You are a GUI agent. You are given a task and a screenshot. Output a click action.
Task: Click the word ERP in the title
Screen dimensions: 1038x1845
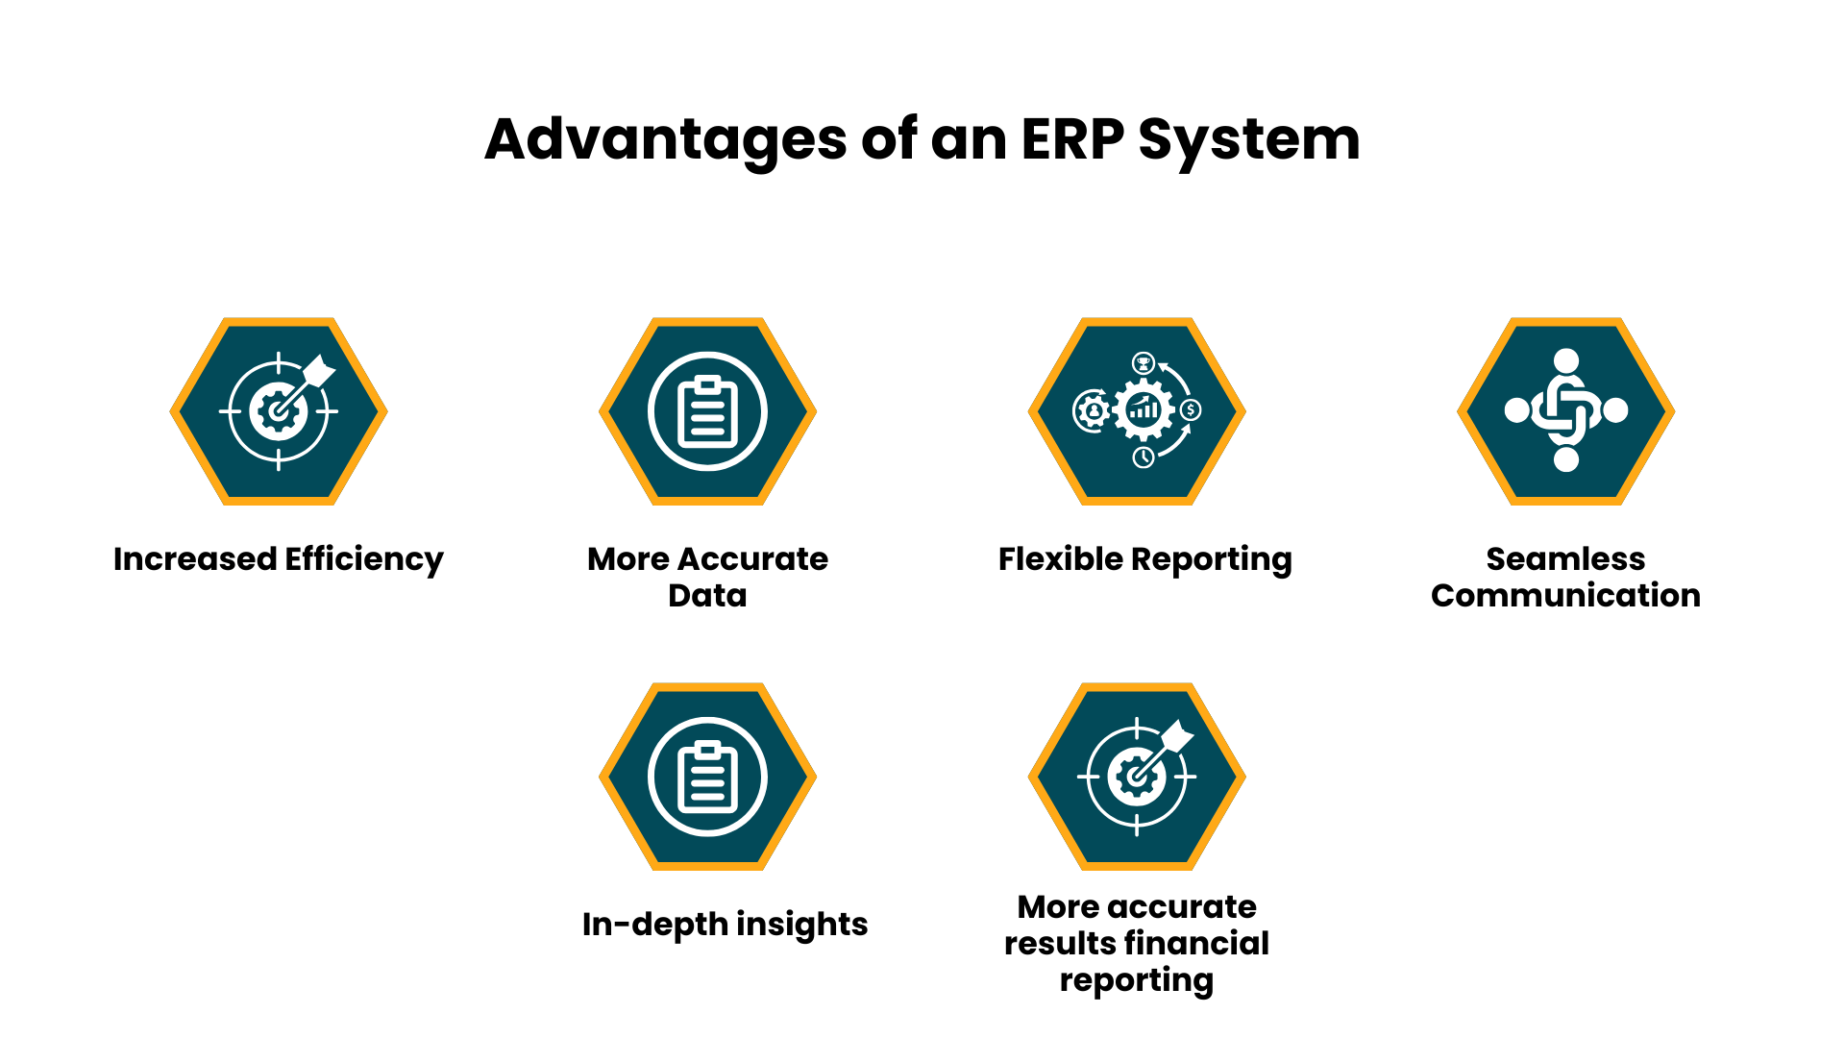(1071, 140)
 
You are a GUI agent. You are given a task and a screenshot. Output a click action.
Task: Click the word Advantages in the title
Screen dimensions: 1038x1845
(665, 140)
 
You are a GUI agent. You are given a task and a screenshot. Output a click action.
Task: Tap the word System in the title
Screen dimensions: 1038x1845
(1249, 140)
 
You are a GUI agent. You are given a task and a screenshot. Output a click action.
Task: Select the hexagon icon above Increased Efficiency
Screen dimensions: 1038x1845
(279, 411)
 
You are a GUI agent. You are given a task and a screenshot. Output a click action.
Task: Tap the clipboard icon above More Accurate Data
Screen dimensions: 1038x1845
(707, 411)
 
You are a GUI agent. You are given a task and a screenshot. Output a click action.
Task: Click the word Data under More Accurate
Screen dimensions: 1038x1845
(707, 596)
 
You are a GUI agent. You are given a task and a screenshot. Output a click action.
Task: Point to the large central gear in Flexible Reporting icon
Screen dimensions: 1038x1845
(1144, 410)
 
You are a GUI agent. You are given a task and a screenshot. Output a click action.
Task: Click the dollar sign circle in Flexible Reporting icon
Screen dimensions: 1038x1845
(1191, 410)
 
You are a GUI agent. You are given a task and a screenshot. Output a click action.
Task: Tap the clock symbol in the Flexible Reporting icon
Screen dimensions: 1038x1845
(1143, 457)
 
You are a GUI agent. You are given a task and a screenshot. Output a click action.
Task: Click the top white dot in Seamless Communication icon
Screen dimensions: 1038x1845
(1566, 360)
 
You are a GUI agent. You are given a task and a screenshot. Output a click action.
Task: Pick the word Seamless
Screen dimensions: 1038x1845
(1565, 559)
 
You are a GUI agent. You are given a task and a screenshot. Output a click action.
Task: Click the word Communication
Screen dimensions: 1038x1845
(1565, 596)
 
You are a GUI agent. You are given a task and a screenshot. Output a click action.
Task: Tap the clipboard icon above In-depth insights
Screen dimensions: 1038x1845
(707, 777)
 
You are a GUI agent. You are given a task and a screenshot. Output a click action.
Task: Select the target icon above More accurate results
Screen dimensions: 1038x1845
(1137, 777)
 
